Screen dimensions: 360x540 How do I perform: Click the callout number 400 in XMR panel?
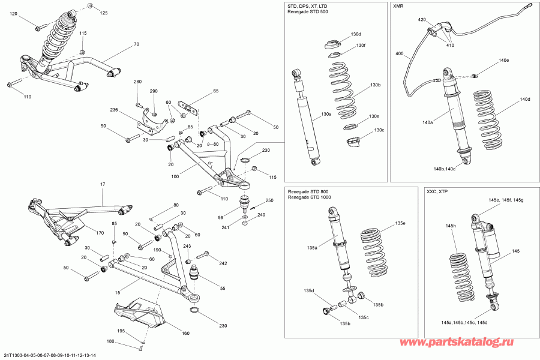(400, 53)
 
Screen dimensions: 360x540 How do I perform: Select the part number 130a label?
(326, 114)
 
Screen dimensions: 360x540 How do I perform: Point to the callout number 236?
(115, 110)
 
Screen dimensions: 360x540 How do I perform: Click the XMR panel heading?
(399, 6)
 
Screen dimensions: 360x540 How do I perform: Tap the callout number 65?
(216, 91)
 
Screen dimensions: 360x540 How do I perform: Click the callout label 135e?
(384, 223)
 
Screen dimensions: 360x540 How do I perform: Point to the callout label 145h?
(451, 226)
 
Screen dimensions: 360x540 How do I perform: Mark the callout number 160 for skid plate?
(185, 334)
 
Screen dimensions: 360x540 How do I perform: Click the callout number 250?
(269, 200)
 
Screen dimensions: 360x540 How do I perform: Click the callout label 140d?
(526, 100)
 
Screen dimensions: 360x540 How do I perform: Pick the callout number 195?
(121, 331)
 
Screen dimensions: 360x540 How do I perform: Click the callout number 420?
(422, 20)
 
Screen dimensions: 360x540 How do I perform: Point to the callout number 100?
(175, 177)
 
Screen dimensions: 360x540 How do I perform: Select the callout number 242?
(223, 263)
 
